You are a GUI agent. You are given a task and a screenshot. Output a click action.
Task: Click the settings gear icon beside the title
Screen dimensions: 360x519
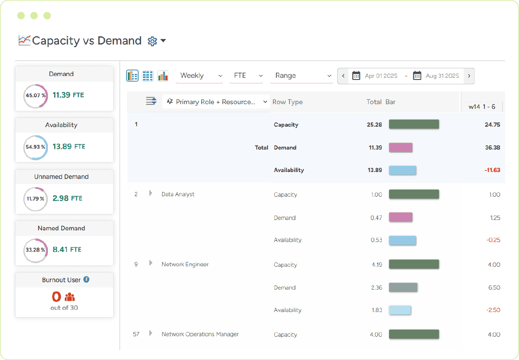(x=152, y=41)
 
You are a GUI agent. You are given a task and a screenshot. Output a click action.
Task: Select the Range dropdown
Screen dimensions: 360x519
(x=301, y=76)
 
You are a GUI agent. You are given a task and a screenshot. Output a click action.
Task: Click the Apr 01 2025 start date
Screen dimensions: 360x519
(x=380, y=76)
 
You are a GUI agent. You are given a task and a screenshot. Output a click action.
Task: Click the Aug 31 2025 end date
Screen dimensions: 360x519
(x=442, y=76)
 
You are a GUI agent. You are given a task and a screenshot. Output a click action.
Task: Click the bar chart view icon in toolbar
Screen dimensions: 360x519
(x=163, y=76)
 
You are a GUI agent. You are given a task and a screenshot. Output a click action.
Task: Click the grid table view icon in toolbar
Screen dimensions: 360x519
(x=148, y=76)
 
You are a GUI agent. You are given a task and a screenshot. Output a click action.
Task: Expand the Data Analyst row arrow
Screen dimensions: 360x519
(x=151, y=194)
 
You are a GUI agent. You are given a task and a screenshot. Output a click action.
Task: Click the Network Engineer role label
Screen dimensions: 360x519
(x=185, y=264)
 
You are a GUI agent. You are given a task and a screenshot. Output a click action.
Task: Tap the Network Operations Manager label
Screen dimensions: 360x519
(x=200, y=334)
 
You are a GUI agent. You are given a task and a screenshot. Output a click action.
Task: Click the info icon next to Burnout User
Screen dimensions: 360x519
(x=86, y=280)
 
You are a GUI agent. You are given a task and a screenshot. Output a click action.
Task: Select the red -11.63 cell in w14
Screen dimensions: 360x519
(x=492, y=170)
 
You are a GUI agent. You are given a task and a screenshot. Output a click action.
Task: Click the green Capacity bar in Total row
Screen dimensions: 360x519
(x=414, y=124)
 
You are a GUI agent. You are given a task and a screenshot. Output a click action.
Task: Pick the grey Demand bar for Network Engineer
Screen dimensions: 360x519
(x=403, y=287)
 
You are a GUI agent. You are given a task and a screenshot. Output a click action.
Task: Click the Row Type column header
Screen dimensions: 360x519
(x=288, y=102)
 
